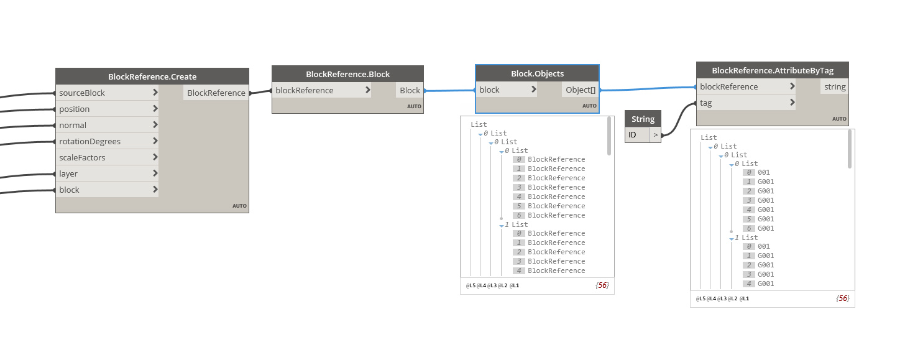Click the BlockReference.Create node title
pos(152,76)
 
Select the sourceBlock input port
pos(107,93)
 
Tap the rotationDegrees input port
pos(107,141)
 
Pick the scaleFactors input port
pos(107,157)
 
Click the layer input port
pos(107,173)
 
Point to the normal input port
pos(107,125)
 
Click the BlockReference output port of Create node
pos(216,93)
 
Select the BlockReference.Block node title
pos(348,75)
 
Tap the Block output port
pos(410,90)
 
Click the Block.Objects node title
pos(537,73)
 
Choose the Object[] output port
pos(580,90)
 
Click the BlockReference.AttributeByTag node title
pos(773,70)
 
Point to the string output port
pos(835,86)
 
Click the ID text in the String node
pos(632,135)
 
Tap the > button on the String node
pos(655,135)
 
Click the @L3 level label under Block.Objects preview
pos(491,285)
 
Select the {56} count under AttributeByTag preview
pos(843,298)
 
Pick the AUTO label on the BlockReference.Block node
pos(414,106)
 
